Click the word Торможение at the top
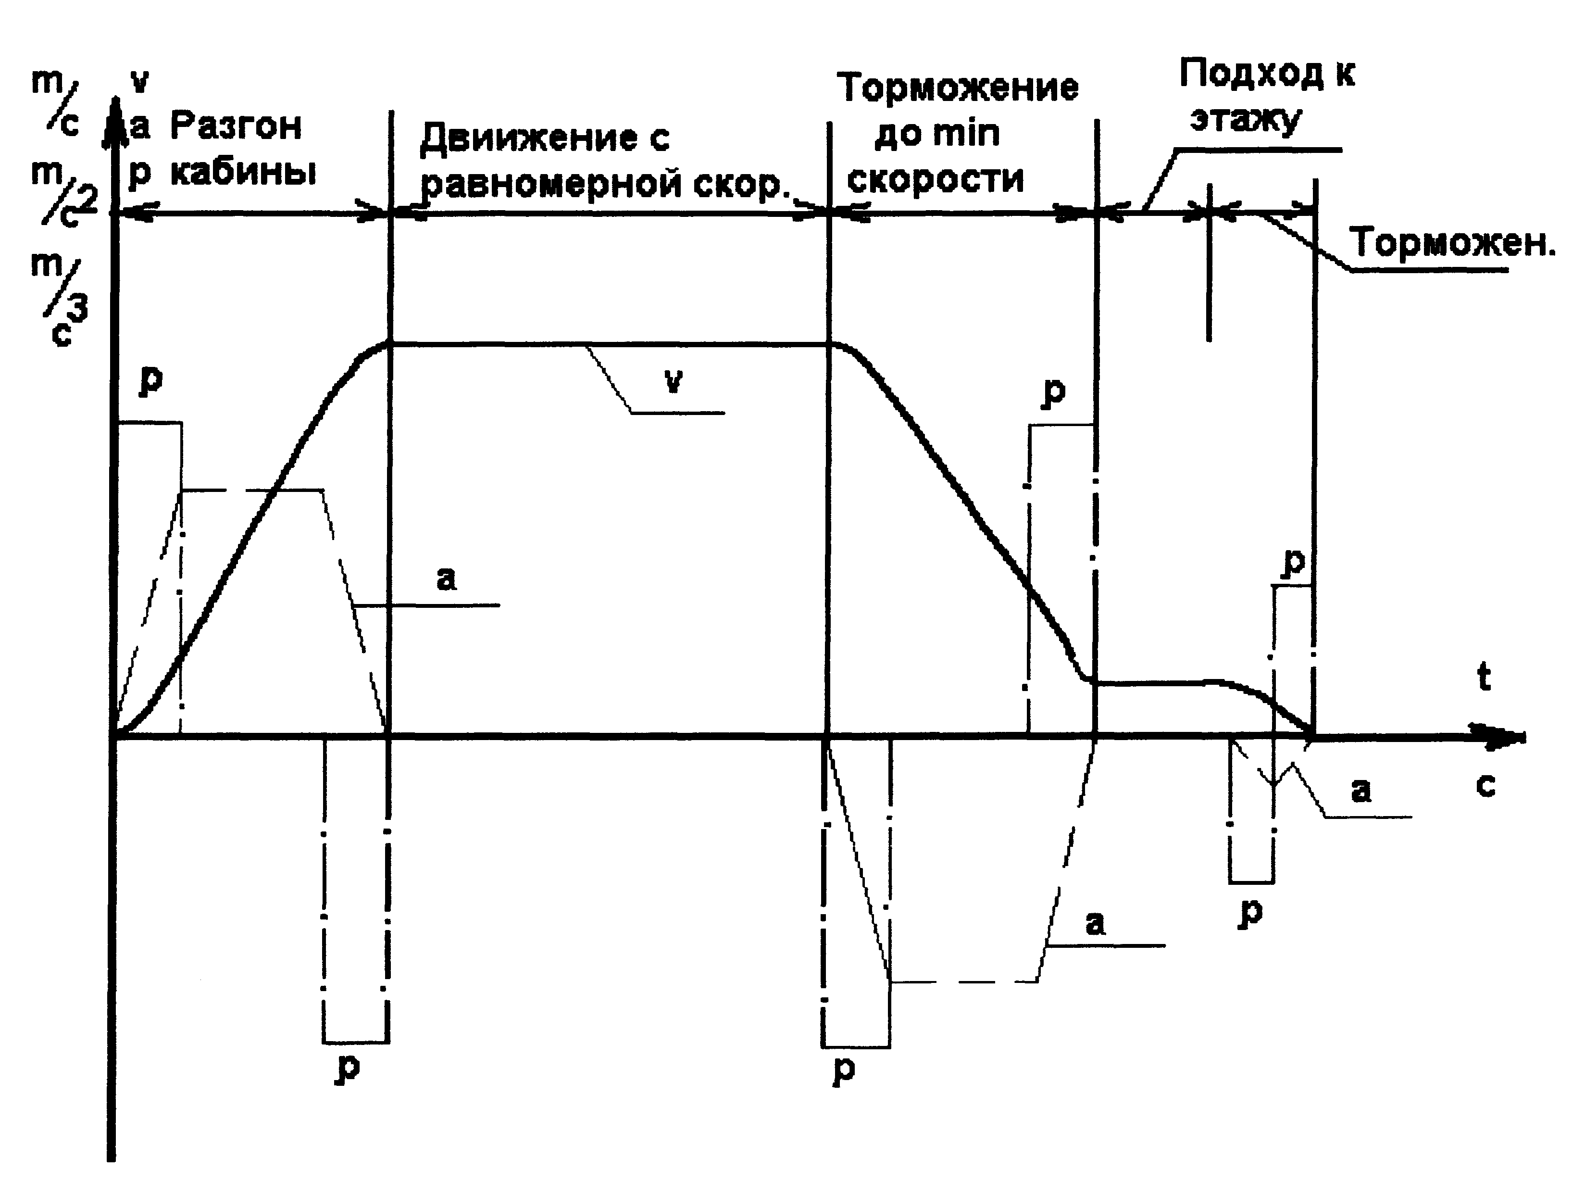(x=958, y=88)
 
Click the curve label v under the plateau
(x=673, y=381)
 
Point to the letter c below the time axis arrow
(x=1486, y=786)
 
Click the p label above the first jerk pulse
(x=151, y=380)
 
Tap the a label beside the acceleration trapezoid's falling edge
(x=447, y=578)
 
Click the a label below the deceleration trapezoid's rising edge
(x=1095, y=923)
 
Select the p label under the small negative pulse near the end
(x=1251, y=913)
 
